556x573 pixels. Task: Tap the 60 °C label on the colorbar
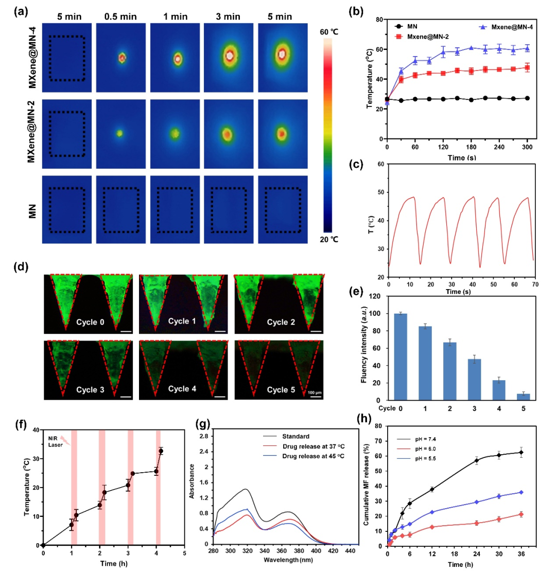(331, 31)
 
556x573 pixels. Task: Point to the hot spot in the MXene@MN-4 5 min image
(282, 52)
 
